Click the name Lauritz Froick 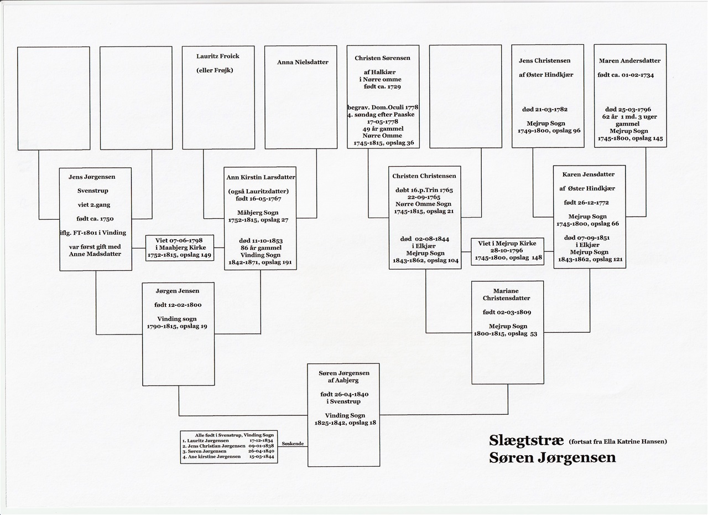(218, 56)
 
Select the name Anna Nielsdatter (303, 63)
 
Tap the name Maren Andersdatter (629, 61)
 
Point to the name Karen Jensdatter (588, 174)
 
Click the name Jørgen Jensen (178, 291)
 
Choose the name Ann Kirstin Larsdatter (261, 177)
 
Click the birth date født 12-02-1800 (178, 305)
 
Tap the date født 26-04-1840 (344, 394)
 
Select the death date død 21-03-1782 (545, 110)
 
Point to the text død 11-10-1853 (261, 241)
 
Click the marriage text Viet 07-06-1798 (179, 240)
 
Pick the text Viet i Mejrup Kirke (507, 243)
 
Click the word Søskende (293, 444)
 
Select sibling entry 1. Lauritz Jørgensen (205, 441)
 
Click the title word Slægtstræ (526, 440)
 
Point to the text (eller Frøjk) (215, 70)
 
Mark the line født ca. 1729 (382, 86)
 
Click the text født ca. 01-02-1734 (626, 75)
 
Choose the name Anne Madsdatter (95, 254)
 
